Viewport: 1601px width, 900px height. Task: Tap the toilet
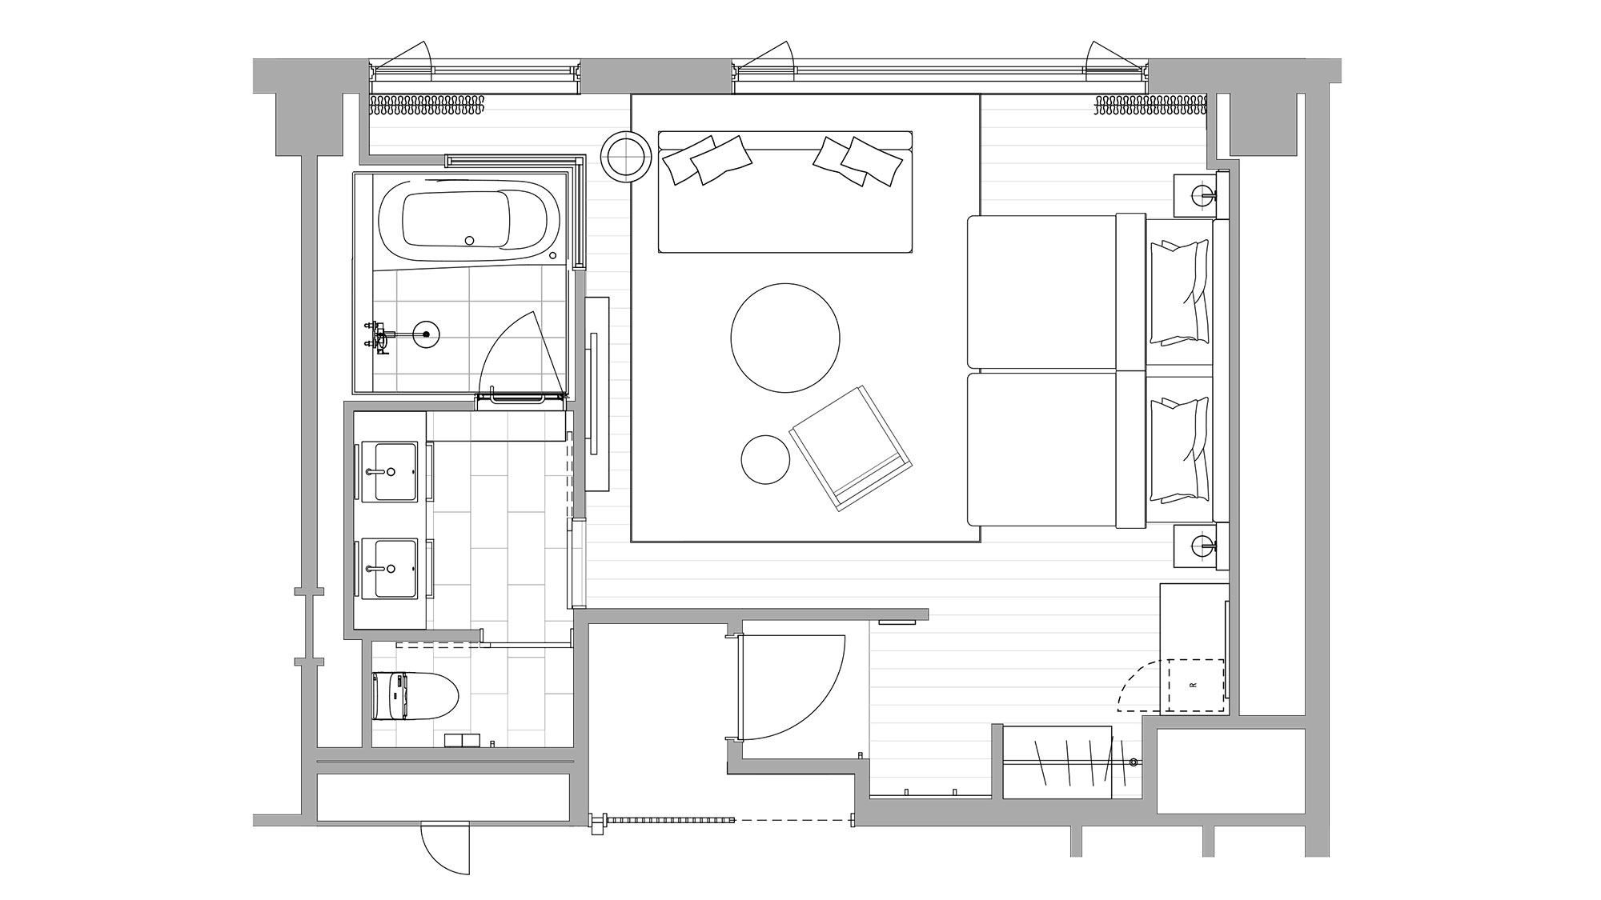pyautogui.click(x=415, y=696)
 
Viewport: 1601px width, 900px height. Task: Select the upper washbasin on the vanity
pyautogui.click(x=390, y=472)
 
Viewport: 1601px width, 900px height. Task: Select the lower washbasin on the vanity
pyautogui.click(x=390, y=569)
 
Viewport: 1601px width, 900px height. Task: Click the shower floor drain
pyautogui.click(x=426, y=334)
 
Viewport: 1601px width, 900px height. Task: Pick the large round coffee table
pyautogui.click(x=785, y=338)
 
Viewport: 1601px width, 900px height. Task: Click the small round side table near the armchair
pyautogui.click(x=765, y=459)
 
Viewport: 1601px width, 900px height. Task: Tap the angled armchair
pyautogui.click(x=852, y=448)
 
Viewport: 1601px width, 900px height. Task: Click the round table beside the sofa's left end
pyautogui.click(x=627, y=156)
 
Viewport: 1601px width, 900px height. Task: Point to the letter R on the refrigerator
pyautogui.click(x=1193, y=685)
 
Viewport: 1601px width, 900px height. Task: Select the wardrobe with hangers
pyautogui.click(x=1057, y=762)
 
